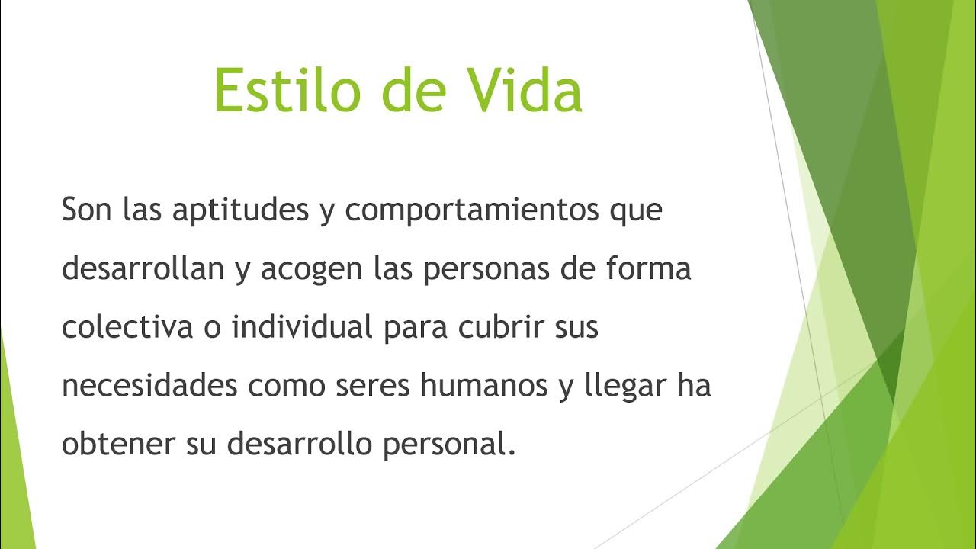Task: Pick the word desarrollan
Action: (x=143, y=269)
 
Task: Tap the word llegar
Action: (x=618, y=387)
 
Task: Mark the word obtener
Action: (x=117, y=445)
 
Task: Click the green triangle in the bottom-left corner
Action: (x=13, y=473)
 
